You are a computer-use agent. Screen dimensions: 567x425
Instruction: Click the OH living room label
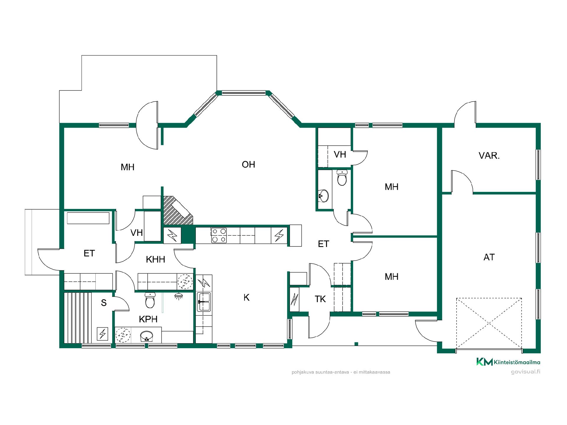(x=248, y=164)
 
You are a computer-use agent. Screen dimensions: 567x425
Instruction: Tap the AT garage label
(x=489, y=257)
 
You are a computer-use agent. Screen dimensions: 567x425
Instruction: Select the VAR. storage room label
(x=489, y=156)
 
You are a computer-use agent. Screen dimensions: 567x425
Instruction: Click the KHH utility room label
(x=155, y=259)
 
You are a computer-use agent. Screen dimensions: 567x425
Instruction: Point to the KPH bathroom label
(x=148, y=319)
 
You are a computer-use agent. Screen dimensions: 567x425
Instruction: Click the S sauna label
(x=104, y=303)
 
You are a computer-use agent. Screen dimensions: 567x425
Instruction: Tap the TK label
(x=320, y=299)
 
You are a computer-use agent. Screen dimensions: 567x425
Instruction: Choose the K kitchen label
(x=247, y=297)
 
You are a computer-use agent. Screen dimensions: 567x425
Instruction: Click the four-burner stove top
(x=219, y=235)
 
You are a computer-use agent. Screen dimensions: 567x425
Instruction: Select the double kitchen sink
(x=204, y=302)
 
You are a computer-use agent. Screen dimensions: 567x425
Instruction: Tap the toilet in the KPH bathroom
(x=150, y=300)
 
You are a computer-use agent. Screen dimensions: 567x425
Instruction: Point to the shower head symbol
(x=178, y=296)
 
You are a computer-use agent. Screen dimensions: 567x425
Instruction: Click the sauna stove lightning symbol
(x=102, y=334)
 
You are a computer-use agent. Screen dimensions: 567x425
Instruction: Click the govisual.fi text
(x=526, y=372)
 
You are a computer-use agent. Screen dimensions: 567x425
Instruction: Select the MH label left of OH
(x=128, y=167)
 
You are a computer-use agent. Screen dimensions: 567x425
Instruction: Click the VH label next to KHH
(x=137, y=233)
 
